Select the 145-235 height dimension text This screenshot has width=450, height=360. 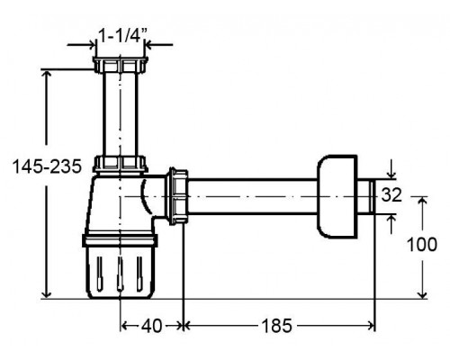pos(47,166)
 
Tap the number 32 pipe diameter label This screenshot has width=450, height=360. pos(391,195)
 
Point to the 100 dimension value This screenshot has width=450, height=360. pos(422,245)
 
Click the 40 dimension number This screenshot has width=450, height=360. pos(152,326)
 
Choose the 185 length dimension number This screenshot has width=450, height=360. pos(276,326)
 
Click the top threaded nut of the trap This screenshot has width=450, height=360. pos(121,65)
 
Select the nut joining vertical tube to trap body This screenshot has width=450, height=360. pos(121,164)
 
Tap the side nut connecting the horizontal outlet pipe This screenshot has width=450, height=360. pos(178,196)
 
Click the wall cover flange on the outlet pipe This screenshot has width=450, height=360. pos(337,197)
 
